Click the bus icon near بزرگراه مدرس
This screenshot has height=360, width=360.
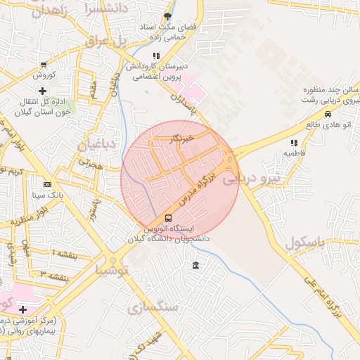tap(168, 218)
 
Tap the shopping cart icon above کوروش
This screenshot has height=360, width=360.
tap(44, 64)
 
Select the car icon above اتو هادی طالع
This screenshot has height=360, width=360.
tap(328, 114)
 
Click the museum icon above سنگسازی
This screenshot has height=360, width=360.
tap(195, 265)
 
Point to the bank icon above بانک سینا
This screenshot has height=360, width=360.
tap(47, 184)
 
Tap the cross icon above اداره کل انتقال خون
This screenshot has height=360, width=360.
tap(43, 91)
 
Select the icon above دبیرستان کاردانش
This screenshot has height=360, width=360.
tap(156, 56)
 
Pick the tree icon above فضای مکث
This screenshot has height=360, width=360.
tap(167, 15)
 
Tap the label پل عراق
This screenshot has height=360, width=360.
tap(105, 41)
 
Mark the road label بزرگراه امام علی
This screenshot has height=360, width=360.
tap(327, 295)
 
